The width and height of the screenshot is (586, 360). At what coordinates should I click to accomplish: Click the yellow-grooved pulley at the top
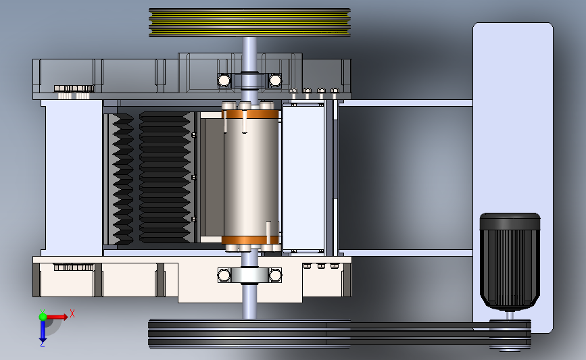coord(249,22)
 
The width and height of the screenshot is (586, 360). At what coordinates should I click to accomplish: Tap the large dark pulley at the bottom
coord(249,334)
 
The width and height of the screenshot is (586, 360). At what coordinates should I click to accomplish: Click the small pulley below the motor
coord(510,335)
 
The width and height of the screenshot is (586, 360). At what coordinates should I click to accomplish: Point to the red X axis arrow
coord(57,317)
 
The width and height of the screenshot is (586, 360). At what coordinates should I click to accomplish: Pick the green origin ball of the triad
coord(43,317)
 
